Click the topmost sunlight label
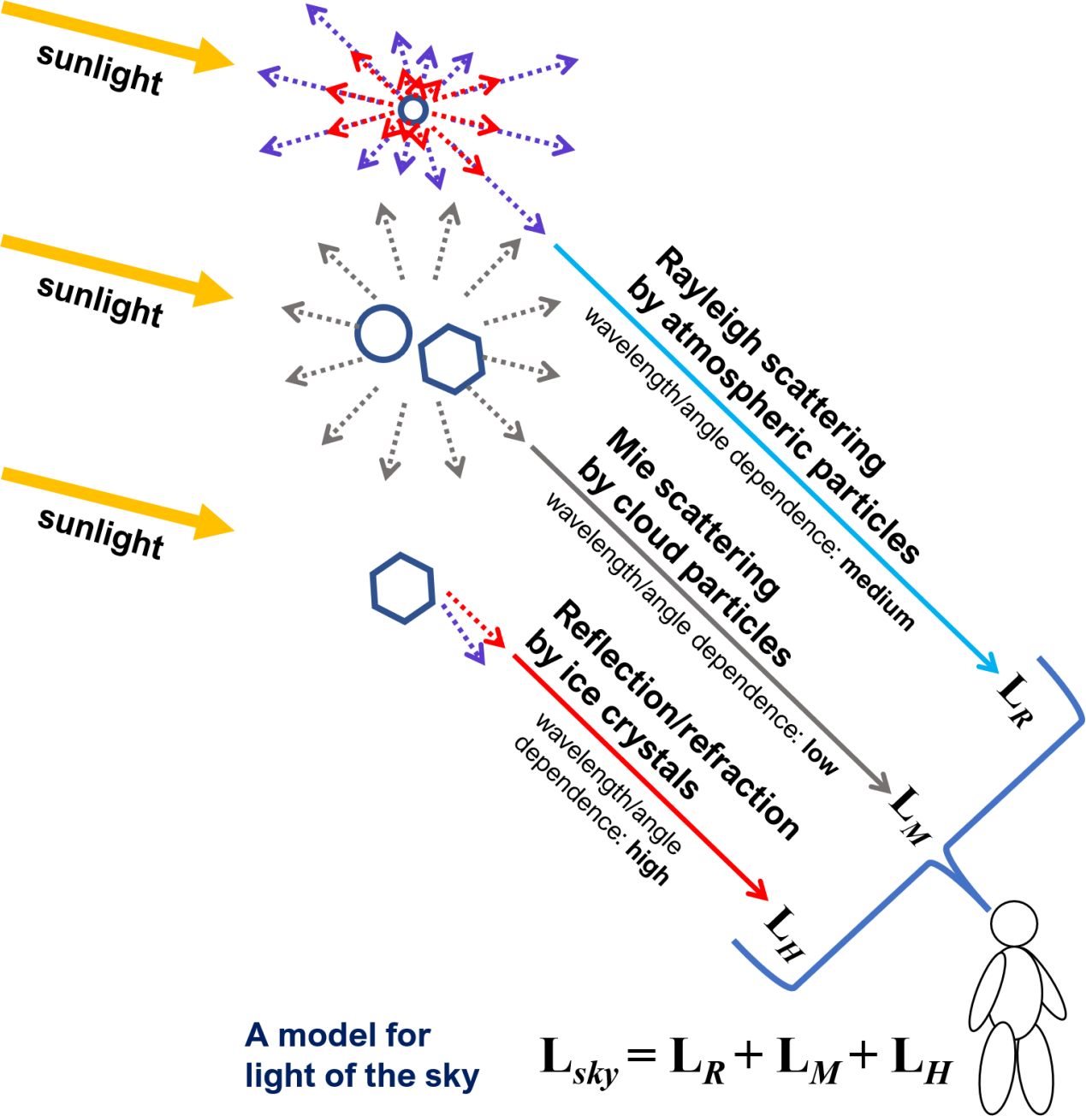click(99, 68)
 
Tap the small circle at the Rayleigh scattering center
click(412, 110)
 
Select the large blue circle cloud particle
click(383, 332)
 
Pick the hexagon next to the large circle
click(452, 359)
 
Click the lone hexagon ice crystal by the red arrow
click(402, 588)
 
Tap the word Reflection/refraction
click(676, 719)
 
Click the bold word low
click(820, 757)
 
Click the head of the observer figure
click(1014, 924)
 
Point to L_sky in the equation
click(579, 1060)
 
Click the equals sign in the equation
click(643, 1059)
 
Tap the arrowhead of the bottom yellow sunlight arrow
click(214, 521)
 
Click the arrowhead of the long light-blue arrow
click(988, 662)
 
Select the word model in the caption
click(354, 1036)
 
